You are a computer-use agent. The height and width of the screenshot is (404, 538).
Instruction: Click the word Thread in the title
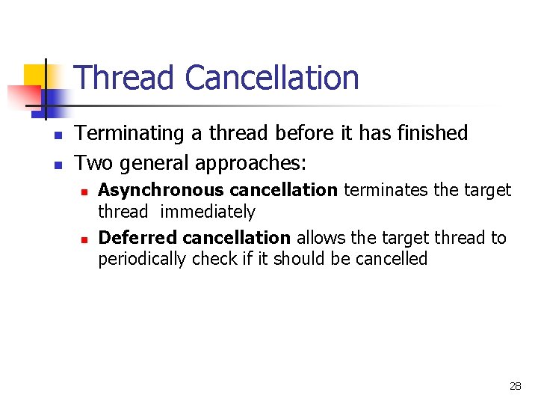click(125, 78)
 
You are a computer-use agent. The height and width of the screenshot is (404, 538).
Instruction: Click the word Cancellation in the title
click(272, 78)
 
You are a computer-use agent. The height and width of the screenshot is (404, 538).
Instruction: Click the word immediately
click(208, 212)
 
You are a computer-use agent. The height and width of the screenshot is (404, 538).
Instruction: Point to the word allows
click(320, 238)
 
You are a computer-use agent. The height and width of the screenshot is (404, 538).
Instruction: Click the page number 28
click(515, 386)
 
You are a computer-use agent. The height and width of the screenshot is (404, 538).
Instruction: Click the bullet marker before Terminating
click(57, 135)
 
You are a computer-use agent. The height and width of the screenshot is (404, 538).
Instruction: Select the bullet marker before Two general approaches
click(57, 164)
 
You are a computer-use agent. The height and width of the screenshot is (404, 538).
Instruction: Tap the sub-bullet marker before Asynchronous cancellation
click(85, 192)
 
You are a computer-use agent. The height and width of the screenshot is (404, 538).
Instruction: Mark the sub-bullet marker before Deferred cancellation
click(85, 239)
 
